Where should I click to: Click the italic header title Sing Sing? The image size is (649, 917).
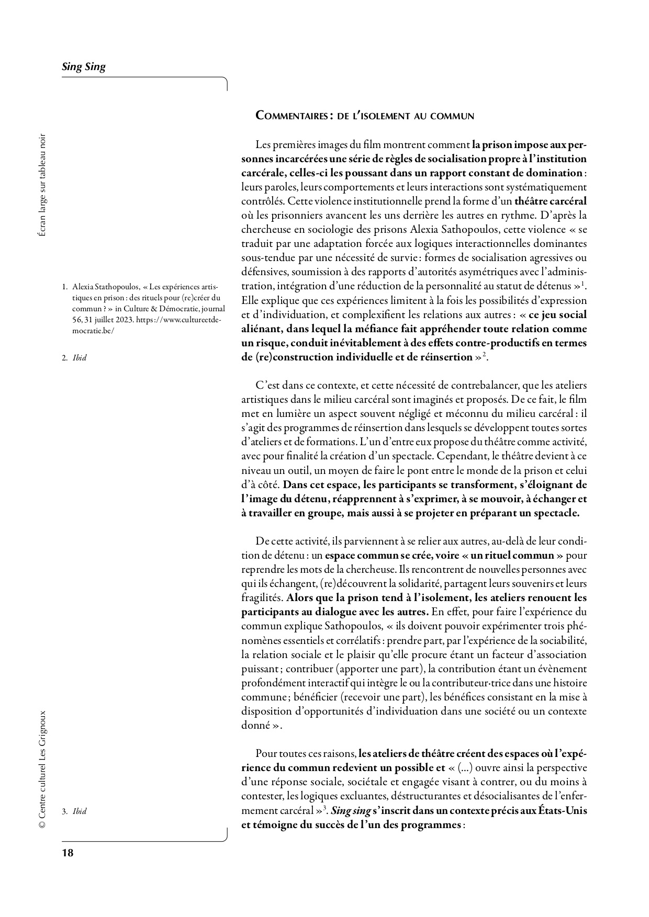[x=84, y=66]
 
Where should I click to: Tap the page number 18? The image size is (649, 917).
[x=68, y=853]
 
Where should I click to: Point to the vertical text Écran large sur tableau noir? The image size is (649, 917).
[x=42, y=186]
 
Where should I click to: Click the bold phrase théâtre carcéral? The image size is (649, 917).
[x=550, y=201]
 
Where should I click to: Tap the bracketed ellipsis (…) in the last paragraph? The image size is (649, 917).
[x=466, y=768]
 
